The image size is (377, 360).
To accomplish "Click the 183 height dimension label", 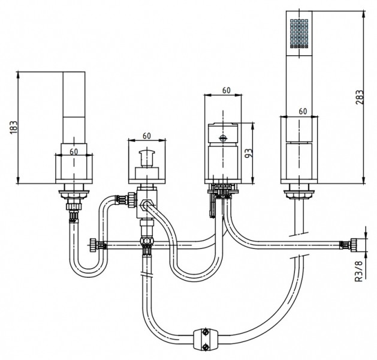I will tap(13, 128).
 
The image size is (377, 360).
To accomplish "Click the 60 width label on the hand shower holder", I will tap(303, 112).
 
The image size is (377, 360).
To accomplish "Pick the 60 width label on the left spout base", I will tap(73, 151).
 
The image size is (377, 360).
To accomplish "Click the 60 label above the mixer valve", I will tap(225, 91).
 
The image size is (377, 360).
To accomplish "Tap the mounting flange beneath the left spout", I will tap(75, 193).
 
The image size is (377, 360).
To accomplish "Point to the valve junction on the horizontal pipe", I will tap(146, 242).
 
